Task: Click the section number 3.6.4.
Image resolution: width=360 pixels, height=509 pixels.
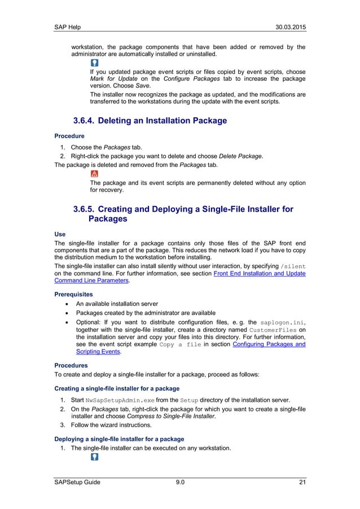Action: pyautogui.click(x=88, y=121)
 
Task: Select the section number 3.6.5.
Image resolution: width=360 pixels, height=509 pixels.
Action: pyautogui.click(x=88, y=209)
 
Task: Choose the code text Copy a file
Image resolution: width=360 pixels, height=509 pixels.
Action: pyautogui.click(x=181, y=344)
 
